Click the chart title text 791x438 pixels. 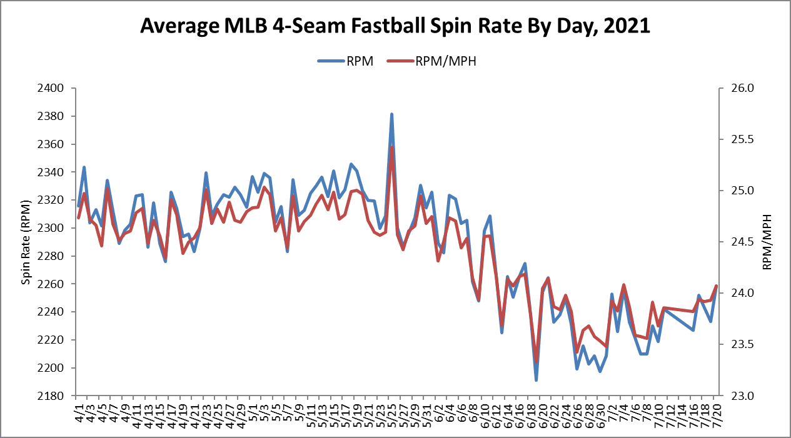pyautogui.click(x=395, y=26)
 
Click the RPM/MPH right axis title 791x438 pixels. pyautogui.click(x=767, y=242)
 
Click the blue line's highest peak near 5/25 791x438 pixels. pyautogui.click(x=391, y=114)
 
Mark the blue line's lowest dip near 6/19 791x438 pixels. pyautogui.click(x=536, y=380)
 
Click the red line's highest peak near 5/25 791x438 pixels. pyautogui.click(x=392, y=147)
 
